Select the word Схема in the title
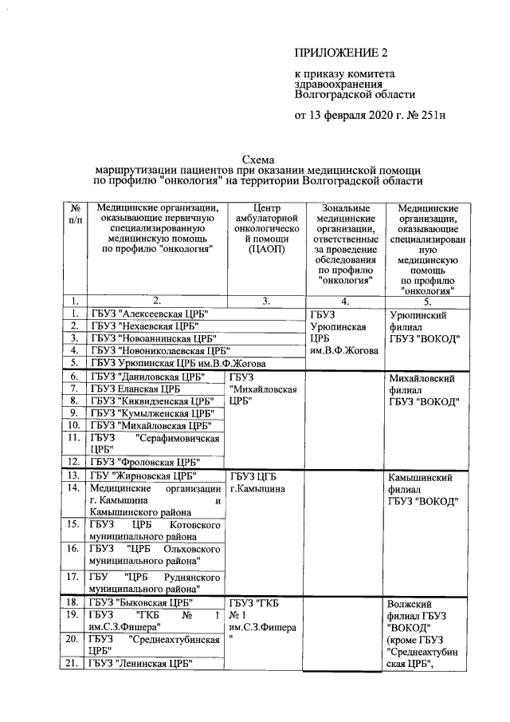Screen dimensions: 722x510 [x=257, y=159]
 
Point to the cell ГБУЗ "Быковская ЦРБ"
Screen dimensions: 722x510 [x=141, y=602]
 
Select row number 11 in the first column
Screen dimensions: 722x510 [x=75, y=437]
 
